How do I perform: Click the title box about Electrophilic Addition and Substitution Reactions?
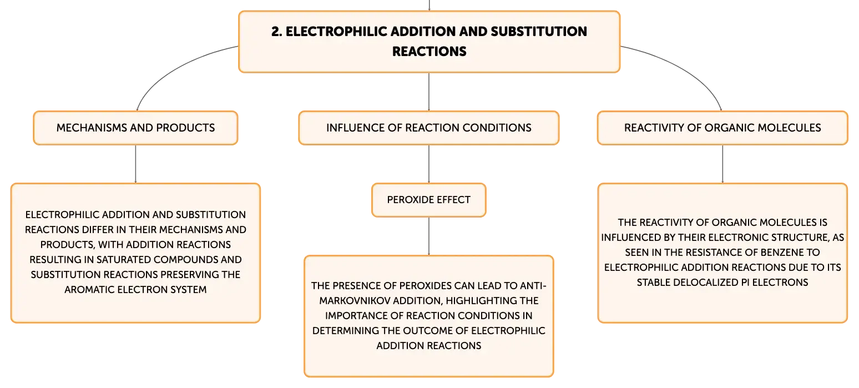coord(429,42)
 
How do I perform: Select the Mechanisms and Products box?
coord(135,128)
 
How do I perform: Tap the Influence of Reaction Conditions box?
coord(429,128)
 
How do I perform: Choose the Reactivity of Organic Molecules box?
coord(722,128)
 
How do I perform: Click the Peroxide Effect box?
coord(429,200)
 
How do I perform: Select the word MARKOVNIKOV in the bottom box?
coord(355,300)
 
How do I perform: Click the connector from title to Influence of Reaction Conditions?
coord(429,92)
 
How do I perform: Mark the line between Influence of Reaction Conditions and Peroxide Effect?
coord(429,164)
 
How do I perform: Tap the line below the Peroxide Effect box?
coord(429,236)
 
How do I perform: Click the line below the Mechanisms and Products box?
coord(135,164)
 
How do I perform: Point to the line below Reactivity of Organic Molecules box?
coord(722,164)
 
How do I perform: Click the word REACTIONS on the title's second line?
coord(429,52)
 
